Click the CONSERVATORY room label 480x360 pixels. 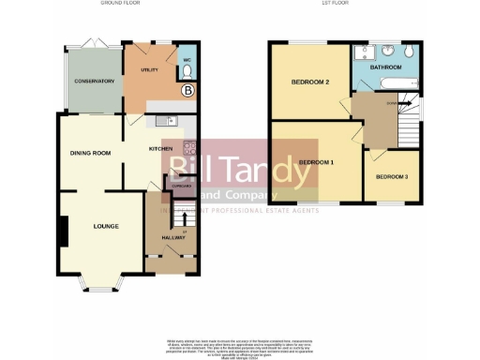coord(94,82)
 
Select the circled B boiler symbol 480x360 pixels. coord(187,91)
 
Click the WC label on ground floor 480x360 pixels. coord(187,61)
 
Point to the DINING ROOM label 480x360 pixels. coord(90,152)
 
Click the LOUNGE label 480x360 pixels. coord(106,226)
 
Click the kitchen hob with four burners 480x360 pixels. coord(189,148)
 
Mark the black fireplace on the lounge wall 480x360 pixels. coord(64,231)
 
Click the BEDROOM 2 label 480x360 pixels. coord(309,82)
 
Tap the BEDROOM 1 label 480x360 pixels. coord(316,162)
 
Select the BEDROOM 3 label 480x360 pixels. coord(391,177)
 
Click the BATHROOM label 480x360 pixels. coord(385,67)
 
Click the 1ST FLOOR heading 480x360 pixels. coord(335,4)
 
